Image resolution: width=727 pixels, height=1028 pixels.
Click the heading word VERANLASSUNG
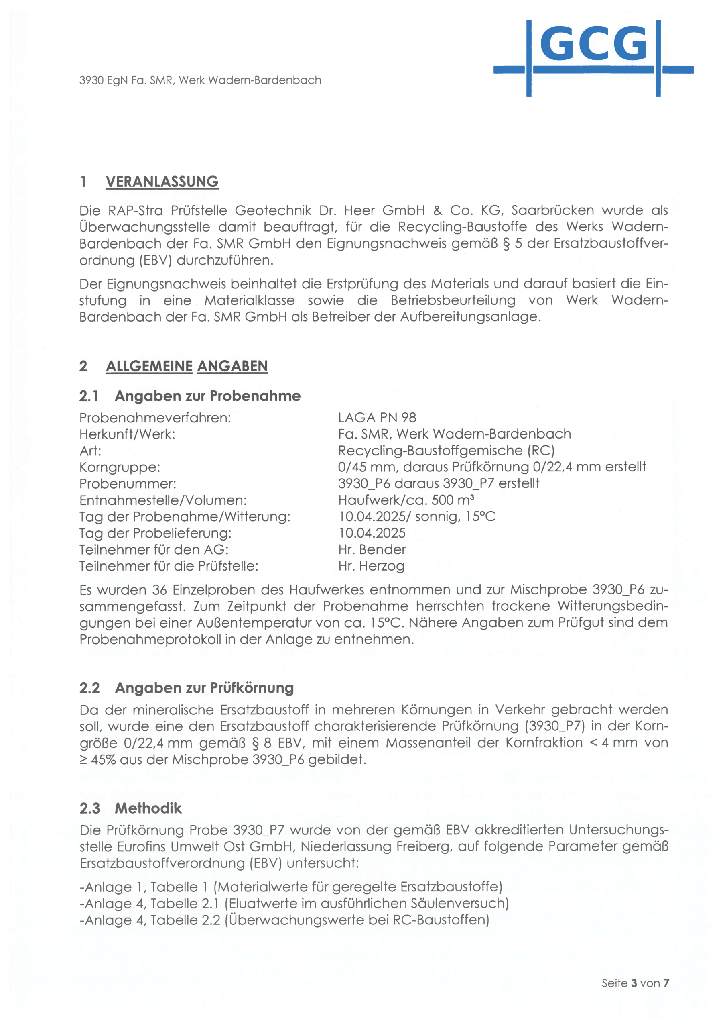pyautogui.click(x=162, y=182)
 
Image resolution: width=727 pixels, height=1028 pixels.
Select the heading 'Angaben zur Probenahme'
pyautogui.click(x=207, y=396)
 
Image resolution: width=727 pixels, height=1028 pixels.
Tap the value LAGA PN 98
pyautogui.click(x=377, y=418)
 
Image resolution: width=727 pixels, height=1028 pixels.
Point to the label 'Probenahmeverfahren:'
pyautogui.click(x=155, y=418)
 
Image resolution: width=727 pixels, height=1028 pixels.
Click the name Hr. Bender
pyautogui.click(x=372, y=550)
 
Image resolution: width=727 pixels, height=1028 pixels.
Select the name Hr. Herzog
pyautogui.click(x=371, y=566)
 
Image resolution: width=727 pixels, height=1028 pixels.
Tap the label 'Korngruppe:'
pyautogui.click(x=120, y=467)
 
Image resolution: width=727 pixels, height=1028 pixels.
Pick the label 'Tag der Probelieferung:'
pyautogui.click(x=155, y=533)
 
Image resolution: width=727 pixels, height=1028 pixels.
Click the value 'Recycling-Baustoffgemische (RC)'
pyautogui.click(x=446, y=451)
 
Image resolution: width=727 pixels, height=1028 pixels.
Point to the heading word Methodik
pyautogui.click(x=148, y=808)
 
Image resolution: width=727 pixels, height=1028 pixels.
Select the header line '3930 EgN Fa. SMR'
pyautogui.click(x=200, y=80)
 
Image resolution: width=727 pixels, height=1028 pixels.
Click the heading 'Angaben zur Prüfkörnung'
pyautogui.click(x=204, y=688)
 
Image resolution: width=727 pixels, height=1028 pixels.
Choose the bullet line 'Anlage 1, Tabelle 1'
pyautogui.click(x=291, y=887)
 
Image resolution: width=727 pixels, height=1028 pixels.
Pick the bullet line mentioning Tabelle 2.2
pyautogui.click(x=284, y=920)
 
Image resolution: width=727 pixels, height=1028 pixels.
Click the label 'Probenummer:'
pyautogui.click(x=128, y=484)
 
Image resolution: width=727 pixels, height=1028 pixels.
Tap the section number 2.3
pyautogui.click(x=89, y=808)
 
